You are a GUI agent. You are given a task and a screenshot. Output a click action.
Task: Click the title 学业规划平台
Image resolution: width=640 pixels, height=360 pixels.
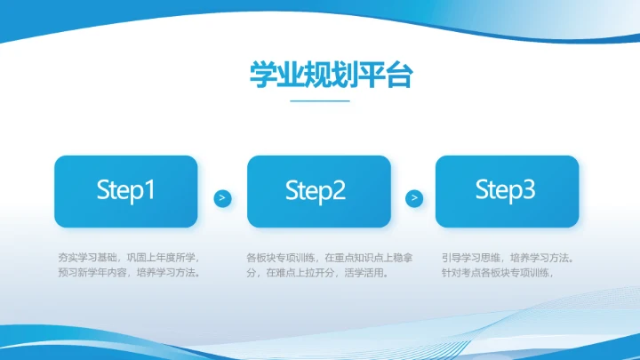click(319, 76)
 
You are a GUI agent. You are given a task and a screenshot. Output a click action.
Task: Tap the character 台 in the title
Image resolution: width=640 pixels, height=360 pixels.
click(399, 76)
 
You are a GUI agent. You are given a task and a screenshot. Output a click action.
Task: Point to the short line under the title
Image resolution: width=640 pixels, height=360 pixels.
click(320, 100)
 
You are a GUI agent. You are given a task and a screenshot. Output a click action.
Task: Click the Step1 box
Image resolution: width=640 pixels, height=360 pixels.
click(125, 191)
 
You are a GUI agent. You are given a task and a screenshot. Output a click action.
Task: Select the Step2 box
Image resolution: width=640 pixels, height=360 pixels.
click(318, 191)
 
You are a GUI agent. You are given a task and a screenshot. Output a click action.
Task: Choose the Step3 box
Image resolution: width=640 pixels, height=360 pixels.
click(507, 190)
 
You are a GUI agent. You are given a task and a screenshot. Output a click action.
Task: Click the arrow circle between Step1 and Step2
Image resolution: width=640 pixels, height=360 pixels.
click(222, 198)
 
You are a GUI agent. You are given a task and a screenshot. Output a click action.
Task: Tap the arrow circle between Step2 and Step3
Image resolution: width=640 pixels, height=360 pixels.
click(413, 198)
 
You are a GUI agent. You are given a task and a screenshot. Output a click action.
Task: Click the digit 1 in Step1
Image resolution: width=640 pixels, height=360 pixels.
click(149, 190)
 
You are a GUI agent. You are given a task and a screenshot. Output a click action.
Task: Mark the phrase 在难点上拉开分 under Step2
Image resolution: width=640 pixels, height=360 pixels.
click(301, 274)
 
